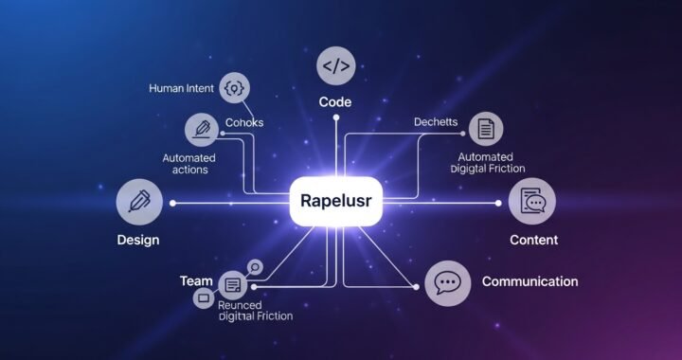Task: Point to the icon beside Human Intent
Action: tap(232, 89)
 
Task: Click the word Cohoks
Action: tap(244, 123)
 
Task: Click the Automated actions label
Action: tap(189, 164)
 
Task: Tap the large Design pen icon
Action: tap(134, 202)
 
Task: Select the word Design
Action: tap(138, 240)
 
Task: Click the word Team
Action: tap(195, 281)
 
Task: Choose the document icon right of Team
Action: tap(232, 284)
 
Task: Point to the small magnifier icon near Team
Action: tap(253, 267)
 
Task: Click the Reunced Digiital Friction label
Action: tap(254, 311)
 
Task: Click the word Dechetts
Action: tap(436, 123)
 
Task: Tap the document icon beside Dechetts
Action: tap(486, 127)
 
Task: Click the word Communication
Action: tap(529, 281)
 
